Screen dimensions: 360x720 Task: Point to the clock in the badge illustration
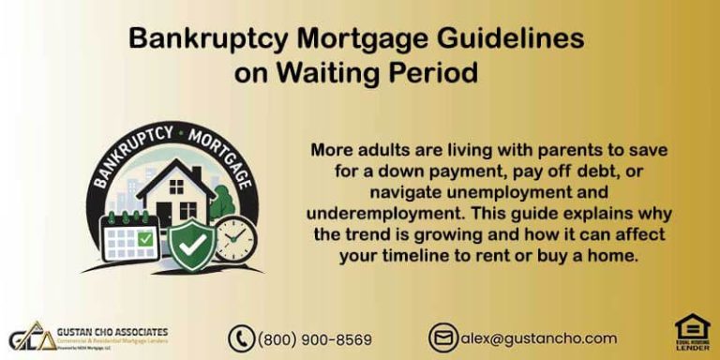pos(233,238)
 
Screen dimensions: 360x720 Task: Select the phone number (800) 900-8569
pos(315,338)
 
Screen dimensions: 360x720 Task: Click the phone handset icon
pos(242,338)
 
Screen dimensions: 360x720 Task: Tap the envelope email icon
pos(443,337)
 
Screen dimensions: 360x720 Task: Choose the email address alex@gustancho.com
pos(538,338)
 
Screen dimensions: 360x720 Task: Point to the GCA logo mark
pos(29,338)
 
